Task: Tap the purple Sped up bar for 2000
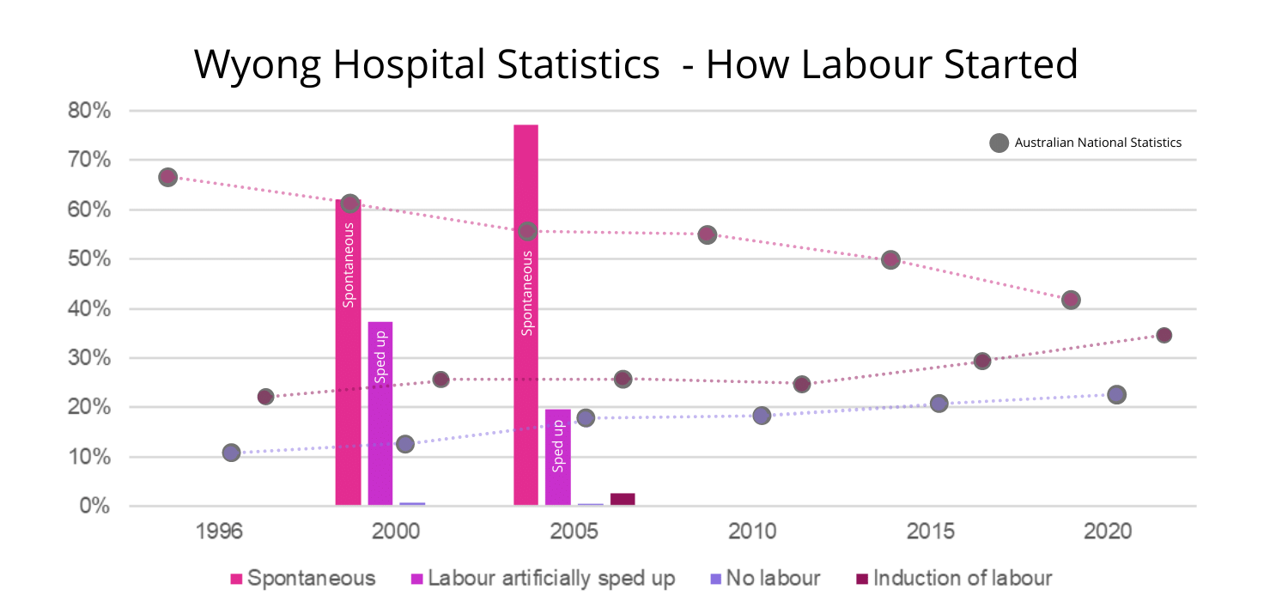pyautogui.click(x=380, y=413)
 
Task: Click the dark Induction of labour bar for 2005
pyautogui.click(x=623, y=499)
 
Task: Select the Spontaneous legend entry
pyautogui.click(x=303, y=578)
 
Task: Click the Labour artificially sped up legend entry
pyautogui.click(x=544, y=578)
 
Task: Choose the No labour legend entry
pyautogui.click(x=764, y=578)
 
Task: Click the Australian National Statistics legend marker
pyautogui.click(x=999, y=143)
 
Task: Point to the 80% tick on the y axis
pyautogui.click(x=89, y=111)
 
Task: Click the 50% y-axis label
pyautogui.click(x=89, y=259)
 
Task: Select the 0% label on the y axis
pyautogui.click(x=94, y=506)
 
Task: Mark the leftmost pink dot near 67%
pyautogui.click(x=167, y=177)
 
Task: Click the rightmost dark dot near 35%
pyautogui.click(x=1163, y=335)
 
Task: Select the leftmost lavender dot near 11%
pyautogui.click(x=231, y=453)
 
